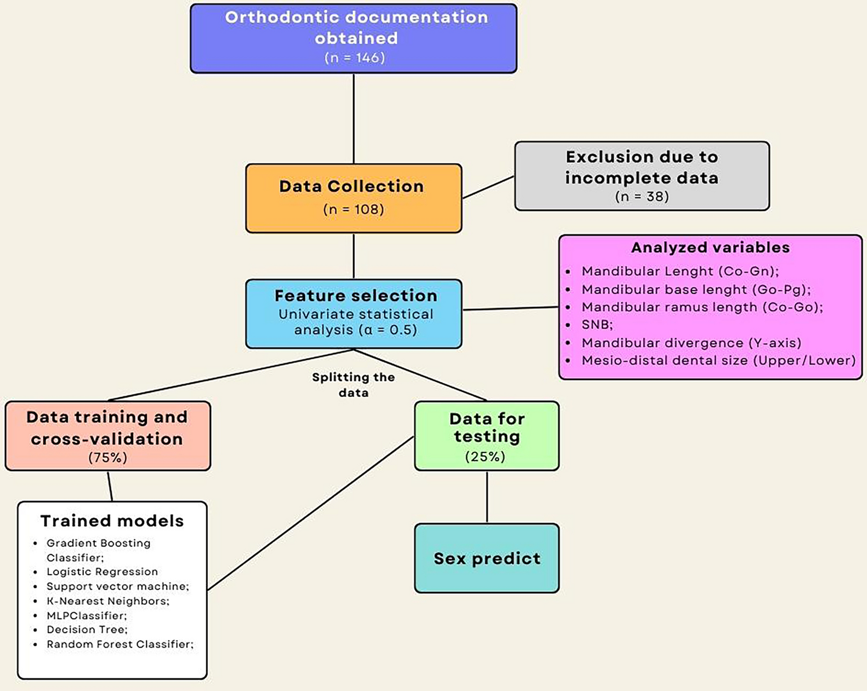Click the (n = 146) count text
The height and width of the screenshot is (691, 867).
click(x=354, y=58)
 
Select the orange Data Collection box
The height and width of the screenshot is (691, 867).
click(x=353, y=198)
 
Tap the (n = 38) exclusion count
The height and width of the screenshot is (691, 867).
click(x=642, y=197)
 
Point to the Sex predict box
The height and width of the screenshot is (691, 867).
click(x=487, y=558)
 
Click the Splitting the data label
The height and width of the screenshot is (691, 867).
click(x=353, y=385)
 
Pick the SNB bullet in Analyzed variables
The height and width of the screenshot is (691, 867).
click(x=597, y=325)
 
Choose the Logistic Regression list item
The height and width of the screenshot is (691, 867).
click(x=102, y=572)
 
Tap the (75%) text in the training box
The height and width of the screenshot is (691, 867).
click(x=108, y=458)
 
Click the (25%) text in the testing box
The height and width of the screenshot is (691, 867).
click(x=485, y=457)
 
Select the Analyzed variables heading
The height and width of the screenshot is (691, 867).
click(x=710, y=248)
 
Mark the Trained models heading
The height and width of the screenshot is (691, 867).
click(x=112, y=521)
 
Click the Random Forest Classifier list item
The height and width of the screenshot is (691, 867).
click(x=120, y=644)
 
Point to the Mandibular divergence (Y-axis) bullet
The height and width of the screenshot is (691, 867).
click(x=691, y=343)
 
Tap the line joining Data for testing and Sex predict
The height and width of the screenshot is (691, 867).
click(x=487, y=497)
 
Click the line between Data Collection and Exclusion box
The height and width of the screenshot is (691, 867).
click(x=488, y=188)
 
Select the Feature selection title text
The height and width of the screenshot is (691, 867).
click(x=355, y=296)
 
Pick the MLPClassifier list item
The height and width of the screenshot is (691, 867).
click(x=86, y=616)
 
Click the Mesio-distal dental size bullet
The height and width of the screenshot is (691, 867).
click(x=718, y=361)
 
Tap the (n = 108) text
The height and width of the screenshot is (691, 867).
click(x=353, y=209)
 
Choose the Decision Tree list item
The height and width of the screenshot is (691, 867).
click(x=87, y=630)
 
